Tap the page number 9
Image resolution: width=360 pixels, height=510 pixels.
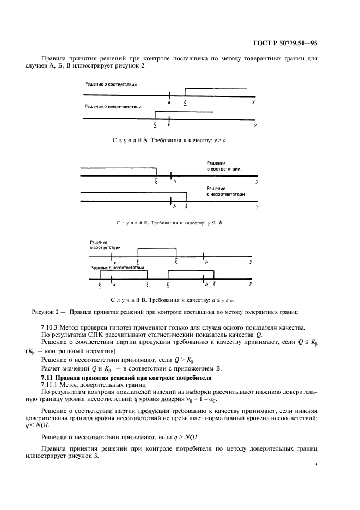(316, 464)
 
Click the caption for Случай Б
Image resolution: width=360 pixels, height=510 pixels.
(170, 223)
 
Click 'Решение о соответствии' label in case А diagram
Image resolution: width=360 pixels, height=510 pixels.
(111, 84)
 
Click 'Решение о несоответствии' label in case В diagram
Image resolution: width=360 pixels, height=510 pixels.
(117, 268)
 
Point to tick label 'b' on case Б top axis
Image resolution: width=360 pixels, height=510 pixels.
(174, 181)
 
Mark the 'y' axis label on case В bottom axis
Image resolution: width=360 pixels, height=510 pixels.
(250, 283)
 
